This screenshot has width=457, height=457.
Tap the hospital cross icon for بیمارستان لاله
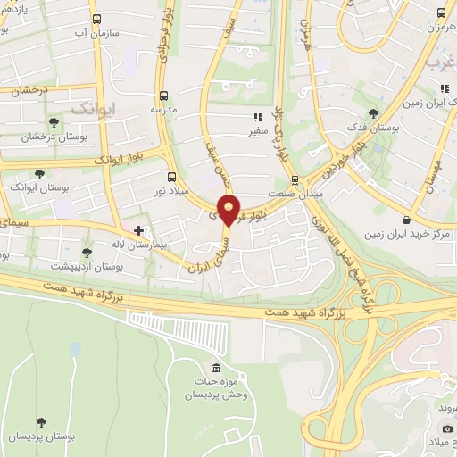138,229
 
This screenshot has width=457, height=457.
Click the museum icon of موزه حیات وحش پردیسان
215,369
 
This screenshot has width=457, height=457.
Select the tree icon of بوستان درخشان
54,121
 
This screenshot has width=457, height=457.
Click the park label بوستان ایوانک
37,189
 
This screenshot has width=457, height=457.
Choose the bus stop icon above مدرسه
162,96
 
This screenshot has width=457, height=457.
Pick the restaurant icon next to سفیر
257,117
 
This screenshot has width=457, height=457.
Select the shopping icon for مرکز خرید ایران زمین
407,219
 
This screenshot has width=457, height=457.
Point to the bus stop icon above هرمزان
440,13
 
